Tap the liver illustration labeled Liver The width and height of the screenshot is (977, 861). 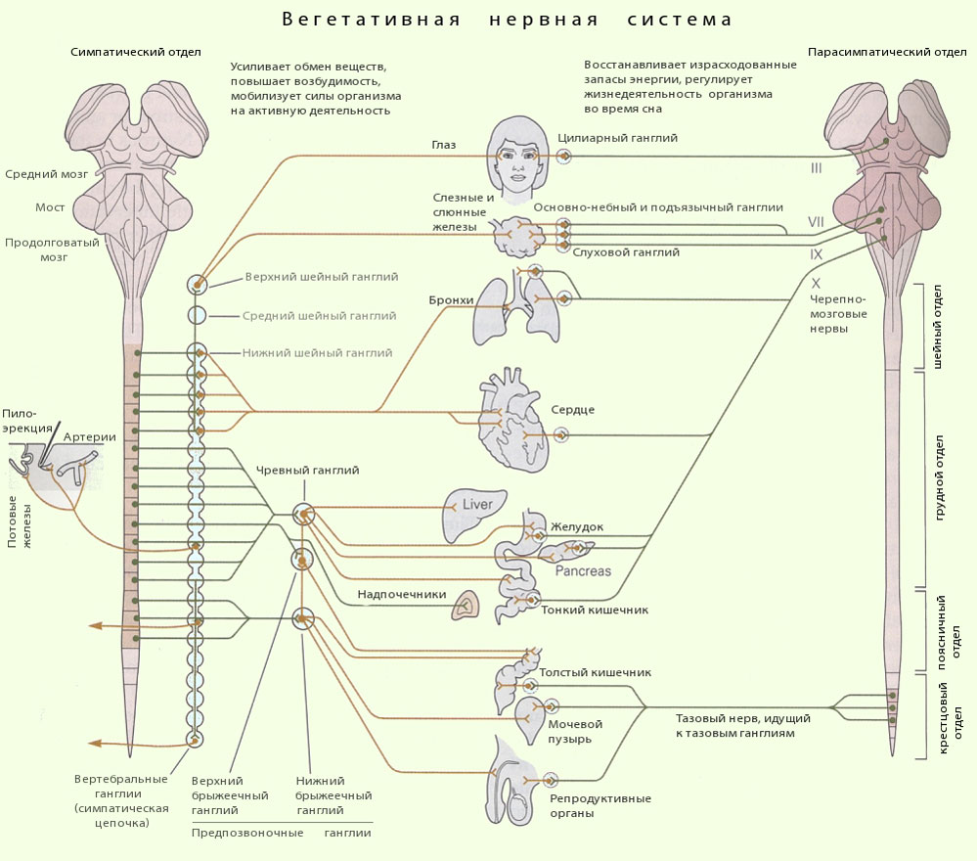click(x=474, y=514)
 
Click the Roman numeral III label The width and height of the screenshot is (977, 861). click(x=816, y=168)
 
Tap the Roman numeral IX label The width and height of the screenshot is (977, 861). click(x=816, y=253)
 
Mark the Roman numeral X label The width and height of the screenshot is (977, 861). click(x=816, y=282)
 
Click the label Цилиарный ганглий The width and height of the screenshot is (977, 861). click(x=630, y=139)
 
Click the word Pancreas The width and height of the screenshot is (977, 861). click(x=583, y=570)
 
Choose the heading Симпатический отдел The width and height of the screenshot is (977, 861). click(x=135, y=52)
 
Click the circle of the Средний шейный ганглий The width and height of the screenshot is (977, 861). click(x=197, y=315)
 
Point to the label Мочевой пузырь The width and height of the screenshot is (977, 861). click(x=575, y=731)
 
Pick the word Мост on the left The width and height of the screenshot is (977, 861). click(x=50, y=207)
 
